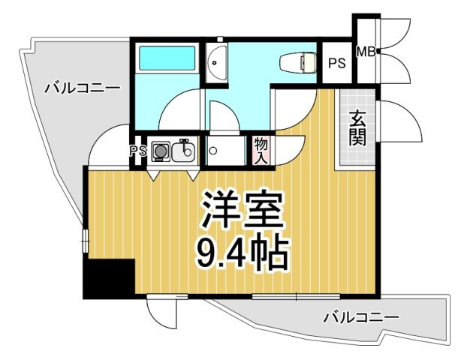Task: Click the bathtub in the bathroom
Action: click(166, 58)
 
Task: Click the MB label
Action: click(366, 52)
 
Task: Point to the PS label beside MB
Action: click(337, 63)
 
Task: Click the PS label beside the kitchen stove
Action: click(137, 151)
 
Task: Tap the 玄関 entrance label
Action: click(357, 128)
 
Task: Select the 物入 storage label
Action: click(261, 150)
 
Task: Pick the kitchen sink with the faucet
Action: click(183, 152)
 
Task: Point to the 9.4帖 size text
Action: click(242, 254)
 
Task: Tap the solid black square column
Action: click(108, 279)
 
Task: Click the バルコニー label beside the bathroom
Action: click(82, 88)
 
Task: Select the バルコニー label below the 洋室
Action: click(361, 317)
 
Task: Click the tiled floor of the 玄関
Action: click(357, 150)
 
